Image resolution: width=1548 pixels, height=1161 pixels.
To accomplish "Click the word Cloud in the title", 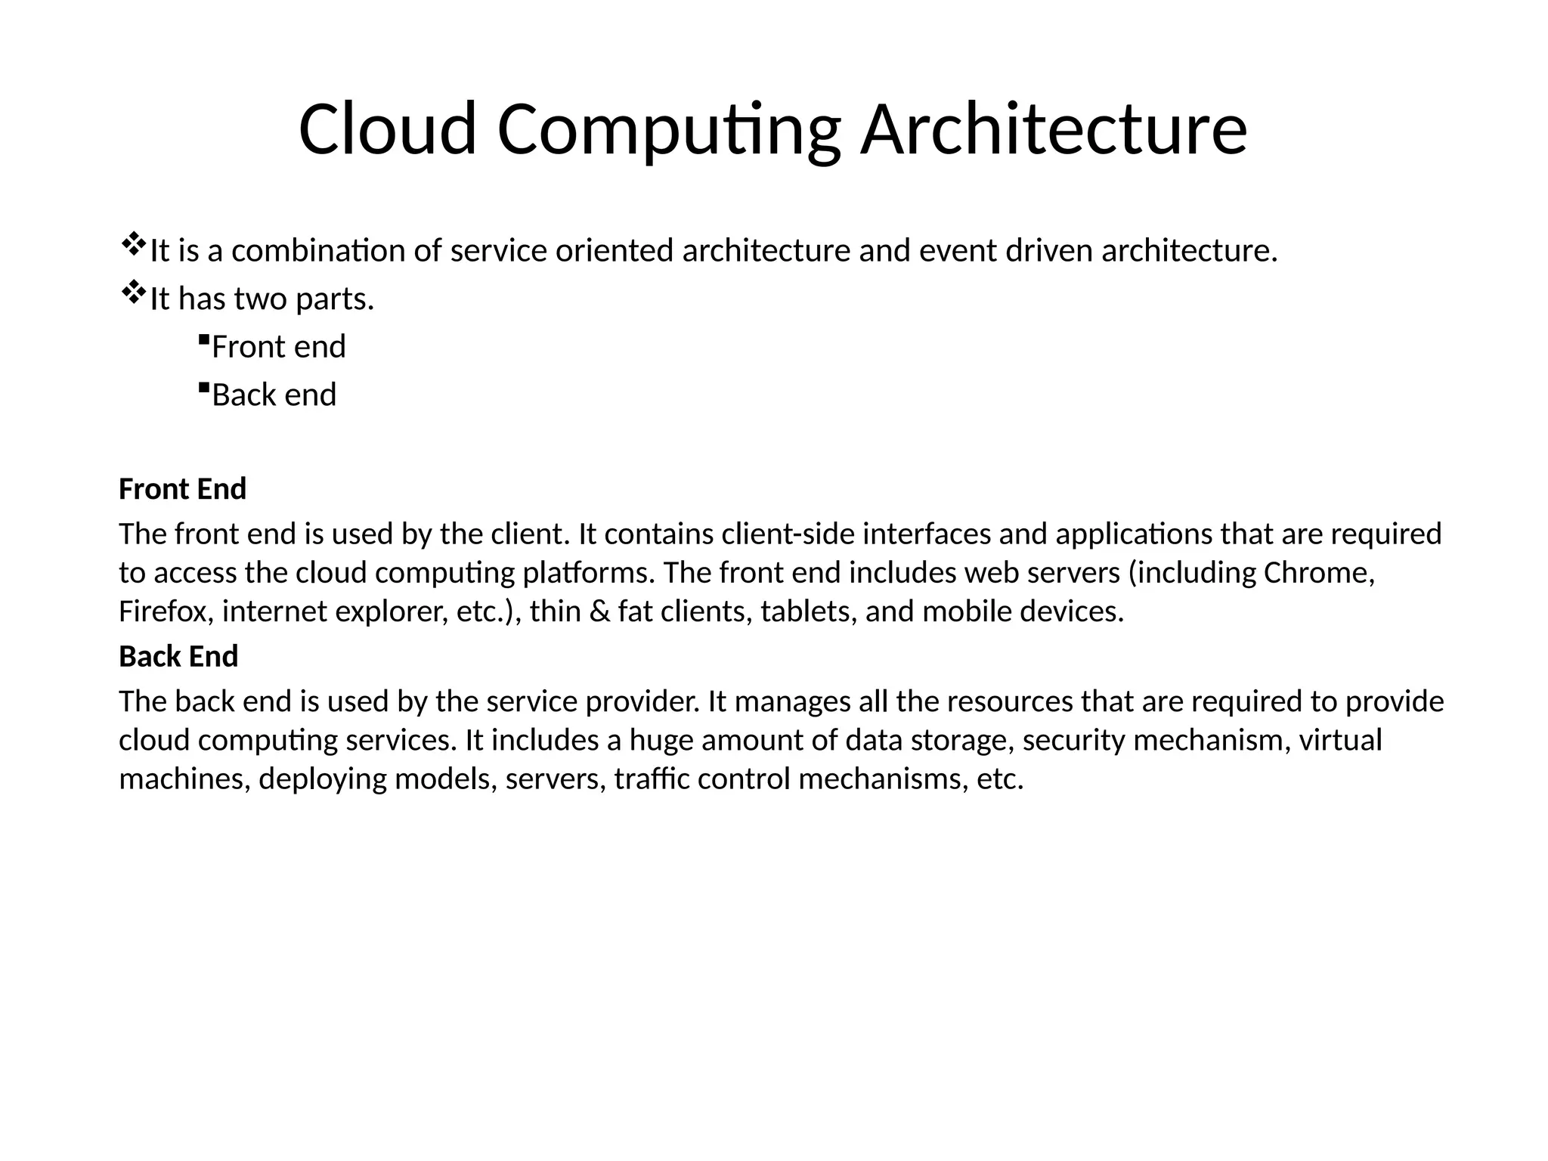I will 388,129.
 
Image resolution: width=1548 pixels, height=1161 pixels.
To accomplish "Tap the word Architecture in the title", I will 1054,129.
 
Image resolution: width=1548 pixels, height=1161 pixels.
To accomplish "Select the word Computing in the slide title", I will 669,129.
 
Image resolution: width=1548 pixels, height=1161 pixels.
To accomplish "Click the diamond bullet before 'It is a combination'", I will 133,243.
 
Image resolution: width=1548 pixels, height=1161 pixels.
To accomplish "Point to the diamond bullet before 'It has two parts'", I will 133,292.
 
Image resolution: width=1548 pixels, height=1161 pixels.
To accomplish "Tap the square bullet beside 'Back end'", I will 203,388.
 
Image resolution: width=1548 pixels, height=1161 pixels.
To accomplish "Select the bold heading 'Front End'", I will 182,489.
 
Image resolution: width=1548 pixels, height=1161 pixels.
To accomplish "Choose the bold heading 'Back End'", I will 178,656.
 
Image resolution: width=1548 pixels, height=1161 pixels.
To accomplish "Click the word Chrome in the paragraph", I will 1317,573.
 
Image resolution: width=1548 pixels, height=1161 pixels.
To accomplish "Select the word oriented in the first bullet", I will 614,250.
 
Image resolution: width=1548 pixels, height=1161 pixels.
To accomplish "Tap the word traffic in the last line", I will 651,779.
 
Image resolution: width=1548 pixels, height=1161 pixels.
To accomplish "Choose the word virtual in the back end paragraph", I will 1340,740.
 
